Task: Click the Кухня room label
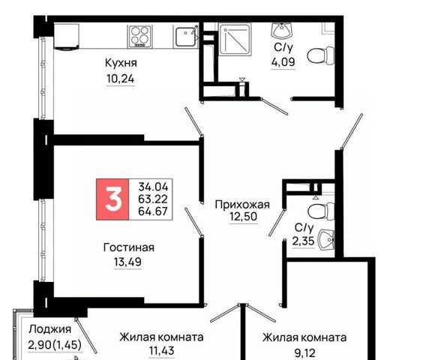(x=121, y=63)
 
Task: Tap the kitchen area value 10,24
(x=120, y=79)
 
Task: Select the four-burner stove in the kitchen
(x=139, y=36)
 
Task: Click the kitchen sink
(x=185, y=37)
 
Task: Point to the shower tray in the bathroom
(x=235, y=39)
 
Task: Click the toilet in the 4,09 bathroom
(x=321, y=55)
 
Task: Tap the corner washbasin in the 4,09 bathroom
(x=282, y=30)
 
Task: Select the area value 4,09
(x=283, y=61)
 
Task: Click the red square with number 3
(x=113, y=199)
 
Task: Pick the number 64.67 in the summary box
(x=153, y=211)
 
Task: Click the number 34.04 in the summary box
(x=153, y=187)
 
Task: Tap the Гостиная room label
(x=128, y=247)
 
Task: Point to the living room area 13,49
(x=127, y=262)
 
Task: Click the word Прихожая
(x=242, y=205)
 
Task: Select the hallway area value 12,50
(x=244, y=217)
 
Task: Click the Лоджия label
(x=50, y=329)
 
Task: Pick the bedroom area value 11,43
(x=162, y=350)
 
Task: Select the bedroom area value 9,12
(x=304, y=353)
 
